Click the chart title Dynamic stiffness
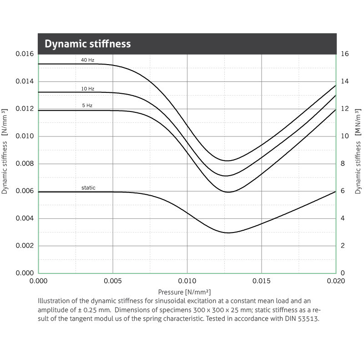coord(87,44)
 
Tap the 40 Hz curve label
coord(88,60)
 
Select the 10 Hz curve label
coord(88,89)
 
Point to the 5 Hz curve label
coord(87,106)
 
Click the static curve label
coord(88,187)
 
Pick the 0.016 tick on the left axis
coord(25,54)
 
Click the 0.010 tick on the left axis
coord(25,136)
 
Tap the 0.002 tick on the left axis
coord(25,246)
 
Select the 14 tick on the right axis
coord(345,81)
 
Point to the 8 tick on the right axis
coord(343,164)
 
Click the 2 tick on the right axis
coord(343,246)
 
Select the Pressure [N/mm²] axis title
coord(184,292)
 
